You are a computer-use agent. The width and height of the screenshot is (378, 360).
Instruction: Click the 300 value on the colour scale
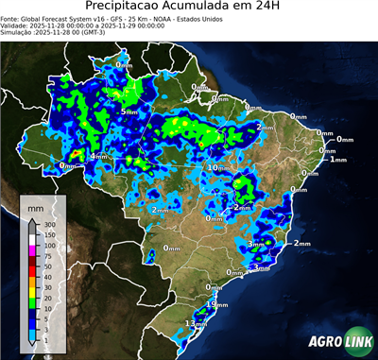click(x=50, y=225)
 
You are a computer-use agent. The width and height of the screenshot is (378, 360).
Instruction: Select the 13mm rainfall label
click(x=196, y=323)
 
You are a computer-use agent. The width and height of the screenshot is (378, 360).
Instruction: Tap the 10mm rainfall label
click(x=218, y=167)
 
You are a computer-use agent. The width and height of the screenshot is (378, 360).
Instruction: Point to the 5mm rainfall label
click(x=129, y=111)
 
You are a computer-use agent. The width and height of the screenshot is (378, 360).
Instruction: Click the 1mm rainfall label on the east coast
click(x=339, y=159)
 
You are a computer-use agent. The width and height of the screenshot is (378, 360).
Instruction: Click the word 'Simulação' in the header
click(x=17, y=32)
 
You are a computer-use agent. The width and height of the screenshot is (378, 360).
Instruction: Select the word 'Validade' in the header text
click(x=16, y=25)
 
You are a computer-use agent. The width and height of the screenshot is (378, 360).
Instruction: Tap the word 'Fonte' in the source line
click(x=10, y=17)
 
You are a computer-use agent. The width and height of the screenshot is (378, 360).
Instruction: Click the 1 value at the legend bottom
click(x=46, y=339)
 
